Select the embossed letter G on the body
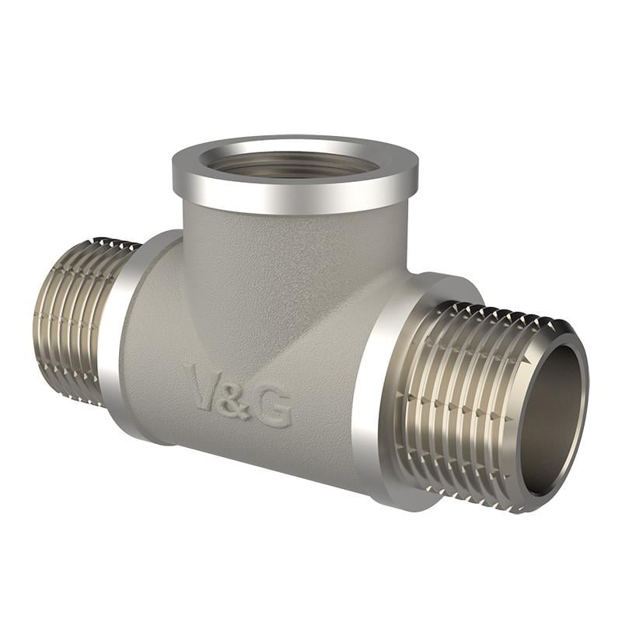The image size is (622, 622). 274,407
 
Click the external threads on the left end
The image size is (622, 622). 74,319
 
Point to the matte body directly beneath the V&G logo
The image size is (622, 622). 241,447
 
